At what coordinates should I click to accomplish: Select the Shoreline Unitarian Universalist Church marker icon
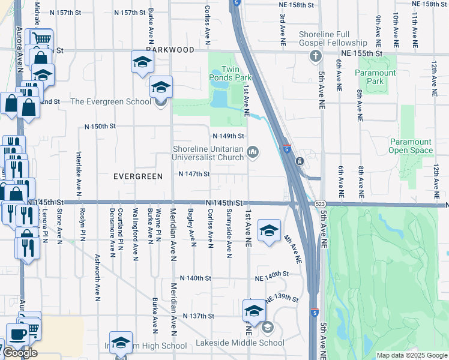(253, 154)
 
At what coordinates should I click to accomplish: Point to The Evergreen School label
(111, 101)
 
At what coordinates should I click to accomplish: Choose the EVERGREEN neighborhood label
(138, 176)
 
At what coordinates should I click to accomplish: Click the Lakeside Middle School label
(240, 343)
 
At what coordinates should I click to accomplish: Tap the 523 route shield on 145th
(320, 205)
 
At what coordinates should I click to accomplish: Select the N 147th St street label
(194, 174)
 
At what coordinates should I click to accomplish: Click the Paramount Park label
(375, 77)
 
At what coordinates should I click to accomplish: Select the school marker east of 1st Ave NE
(269, 230)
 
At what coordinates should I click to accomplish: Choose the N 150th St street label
(99, 127)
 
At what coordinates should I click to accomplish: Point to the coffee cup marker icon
(17, 333)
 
